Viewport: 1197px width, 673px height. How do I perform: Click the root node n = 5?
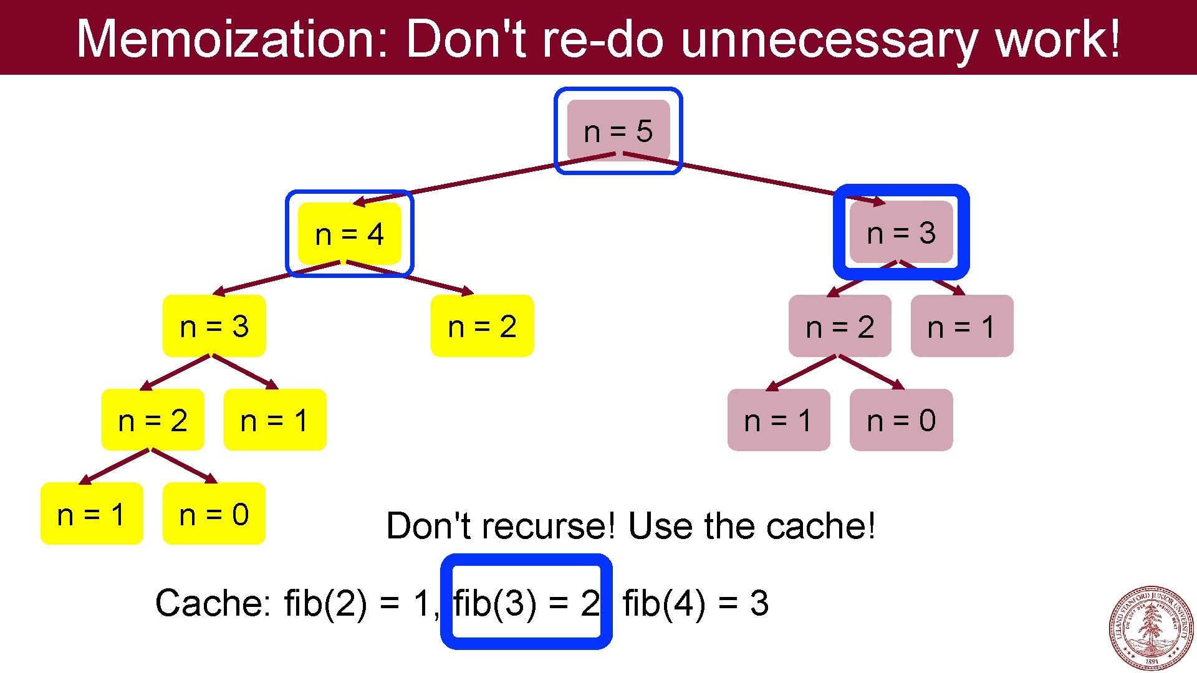[618, 131]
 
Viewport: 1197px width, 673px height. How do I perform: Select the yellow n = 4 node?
[349, 234]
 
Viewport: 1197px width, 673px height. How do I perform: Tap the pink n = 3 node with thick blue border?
[901, 232]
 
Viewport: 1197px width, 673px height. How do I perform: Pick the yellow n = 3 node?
[214, 326]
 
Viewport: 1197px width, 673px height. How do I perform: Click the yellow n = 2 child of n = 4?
[482, 326]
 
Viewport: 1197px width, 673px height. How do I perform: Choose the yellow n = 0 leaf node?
[214, 514]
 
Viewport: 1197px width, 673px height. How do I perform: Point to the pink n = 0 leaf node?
[901, 420]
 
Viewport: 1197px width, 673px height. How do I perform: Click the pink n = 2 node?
[840, 327]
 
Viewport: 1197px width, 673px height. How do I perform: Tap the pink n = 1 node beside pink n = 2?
[961, 327]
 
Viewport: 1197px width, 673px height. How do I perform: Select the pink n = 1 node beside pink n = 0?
[778, 420]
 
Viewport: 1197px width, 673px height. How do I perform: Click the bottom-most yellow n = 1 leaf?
[92, 514]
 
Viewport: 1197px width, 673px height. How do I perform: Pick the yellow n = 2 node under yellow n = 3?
[153, 420]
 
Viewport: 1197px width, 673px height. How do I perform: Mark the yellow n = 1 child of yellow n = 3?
[274, 420]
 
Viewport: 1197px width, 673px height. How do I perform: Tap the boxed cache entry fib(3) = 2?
[526, 603]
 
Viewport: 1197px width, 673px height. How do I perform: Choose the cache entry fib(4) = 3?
[695, 603]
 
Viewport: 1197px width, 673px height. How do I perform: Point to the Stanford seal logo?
[1151, 628]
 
